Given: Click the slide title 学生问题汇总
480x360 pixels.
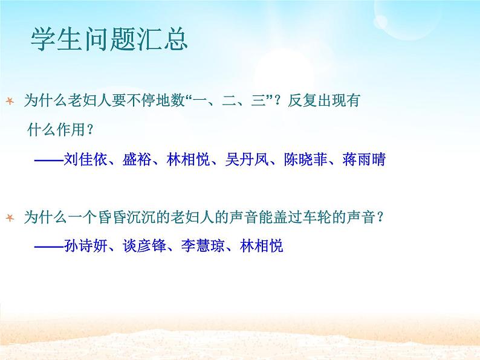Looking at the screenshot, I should click(x=109, y=40).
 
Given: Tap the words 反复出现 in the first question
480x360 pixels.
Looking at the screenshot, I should click(x=317, y=101).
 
